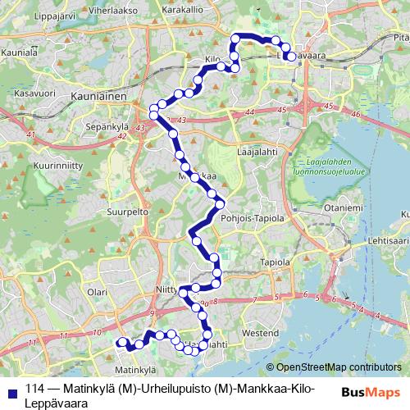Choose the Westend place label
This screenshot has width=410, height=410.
coord(262,334)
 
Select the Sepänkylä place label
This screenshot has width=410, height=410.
coord(110,127)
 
